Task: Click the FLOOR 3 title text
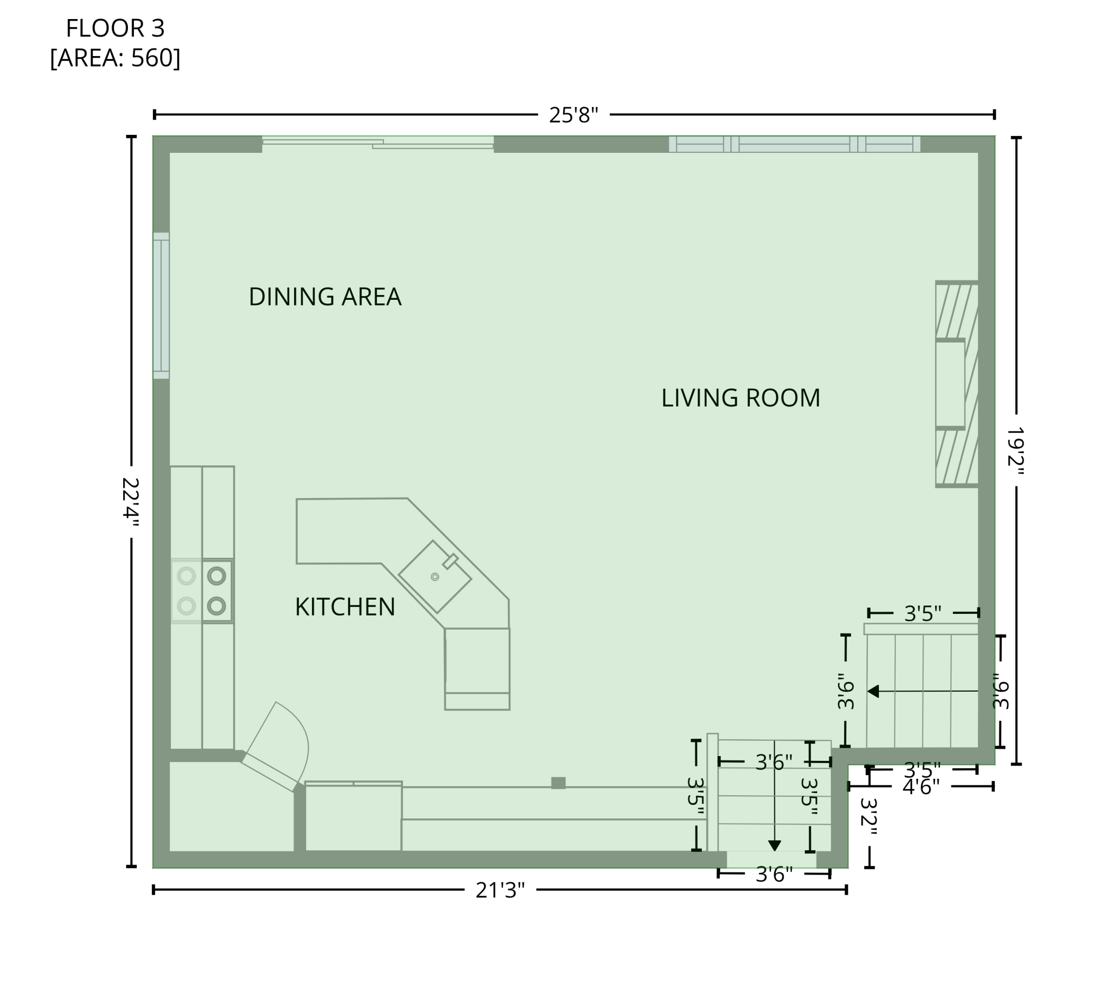115,29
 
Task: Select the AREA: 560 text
115,58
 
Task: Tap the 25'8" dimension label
573,115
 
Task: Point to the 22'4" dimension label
131,502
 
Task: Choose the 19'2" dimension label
1015,451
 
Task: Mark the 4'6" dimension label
921,787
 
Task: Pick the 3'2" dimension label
869,818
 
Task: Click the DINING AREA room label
325,297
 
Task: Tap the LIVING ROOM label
741,398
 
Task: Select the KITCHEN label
345,607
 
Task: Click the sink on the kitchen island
435,576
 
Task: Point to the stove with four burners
202,591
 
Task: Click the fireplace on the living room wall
957,384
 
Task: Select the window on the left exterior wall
161,306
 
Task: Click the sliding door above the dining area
378,143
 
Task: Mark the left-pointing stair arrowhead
873,692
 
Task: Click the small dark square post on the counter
558,783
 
